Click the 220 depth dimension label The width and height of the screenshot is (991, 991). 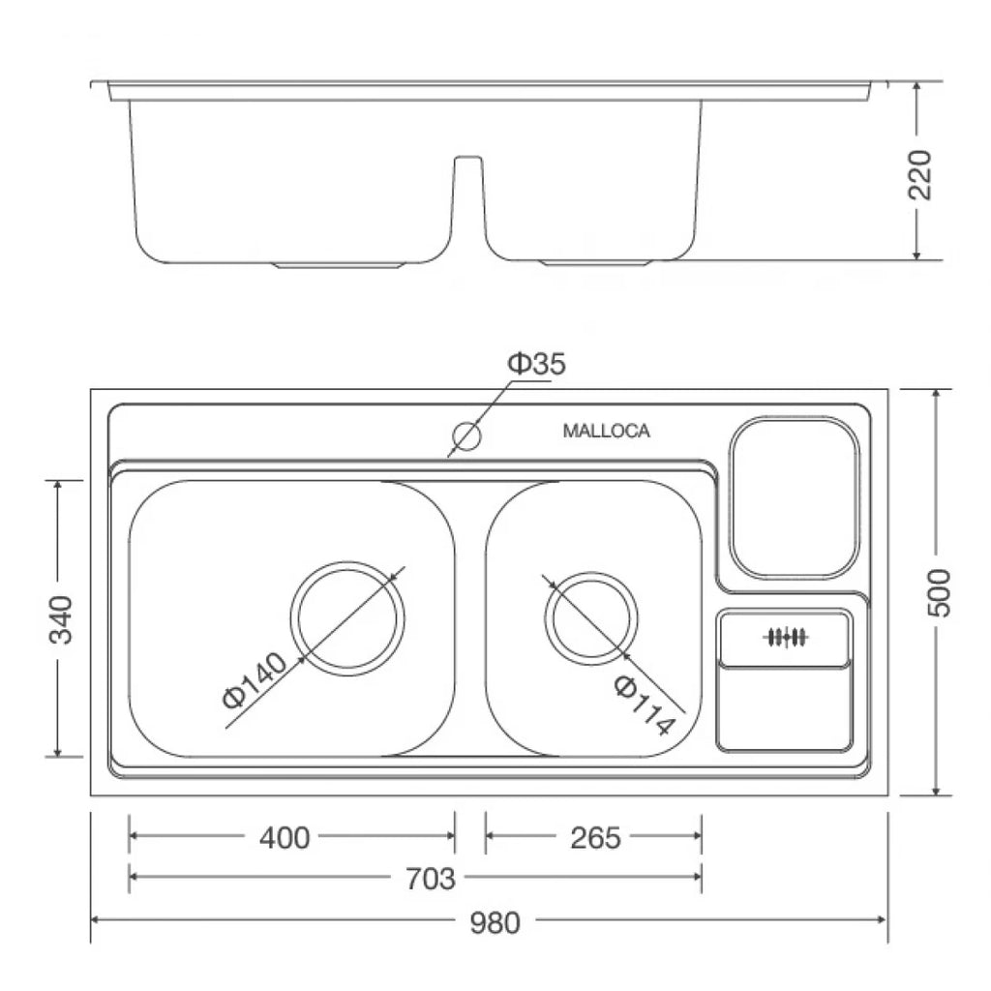point(920,175)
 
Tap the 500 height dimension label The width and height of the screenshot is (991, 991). point(940,592)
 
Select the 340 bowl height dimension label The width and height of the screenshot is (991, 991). point(61,618)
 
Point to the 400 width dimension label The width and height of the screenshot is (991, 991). point(285,838)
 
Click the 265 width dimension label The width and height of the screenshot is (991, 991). point(595,838)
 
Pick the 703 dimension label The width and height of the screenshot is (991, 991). point(430,879)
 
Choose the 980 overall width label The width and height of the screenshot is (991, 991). point(495,922)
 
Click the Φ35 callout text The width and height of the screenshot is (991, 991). point(537,364)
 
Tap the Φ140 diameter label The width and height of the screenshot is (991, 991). point(255,680)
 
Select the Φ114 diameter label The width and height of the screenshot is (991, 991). point(643,706)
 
